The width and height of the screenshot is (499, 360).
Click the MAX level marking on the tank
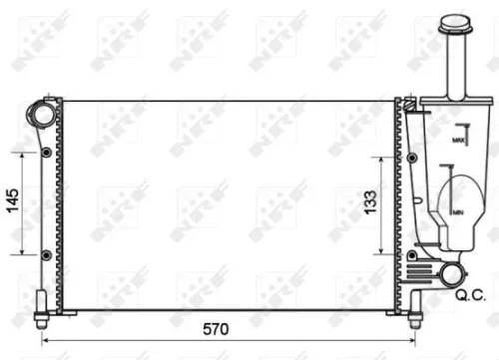pos(458,141)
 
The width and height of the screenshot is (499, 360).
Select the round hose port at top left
pos(43,114)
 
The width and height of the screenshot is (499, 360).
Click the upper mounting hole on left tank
pos(47,153)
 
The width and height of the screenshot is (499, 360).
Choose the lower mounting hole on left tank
pos(47,254)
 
